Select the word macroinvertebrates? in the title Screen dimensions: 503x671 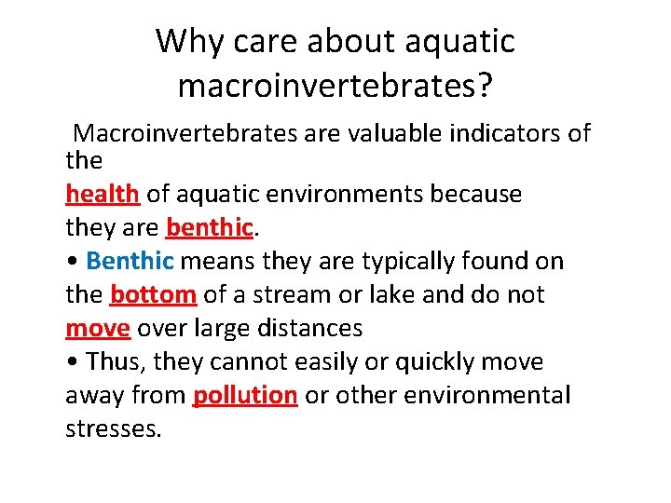(335, 87)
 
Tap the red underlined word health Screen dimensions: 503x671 (103, 194)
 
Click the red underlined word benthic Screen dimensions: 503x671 (210, 227)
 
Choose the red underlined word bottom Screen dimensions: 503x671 (153, 294)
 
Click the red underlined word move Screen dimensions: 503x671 (98, 328)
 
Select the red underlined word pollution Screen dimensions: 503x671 (244, 395)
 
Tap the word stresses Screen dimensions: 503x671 (114, 428)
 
